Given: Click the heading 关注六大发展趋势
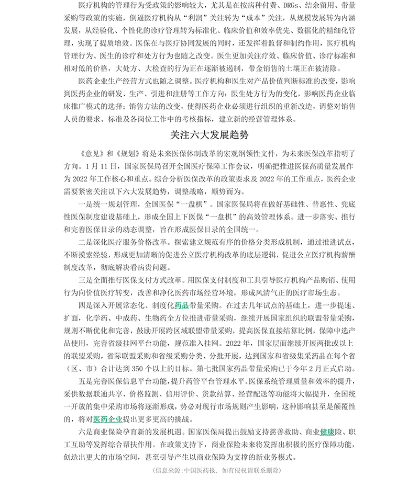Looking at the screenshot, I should coord(210,134).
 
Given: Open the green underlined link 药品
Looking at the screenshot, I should coord(181,305).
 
